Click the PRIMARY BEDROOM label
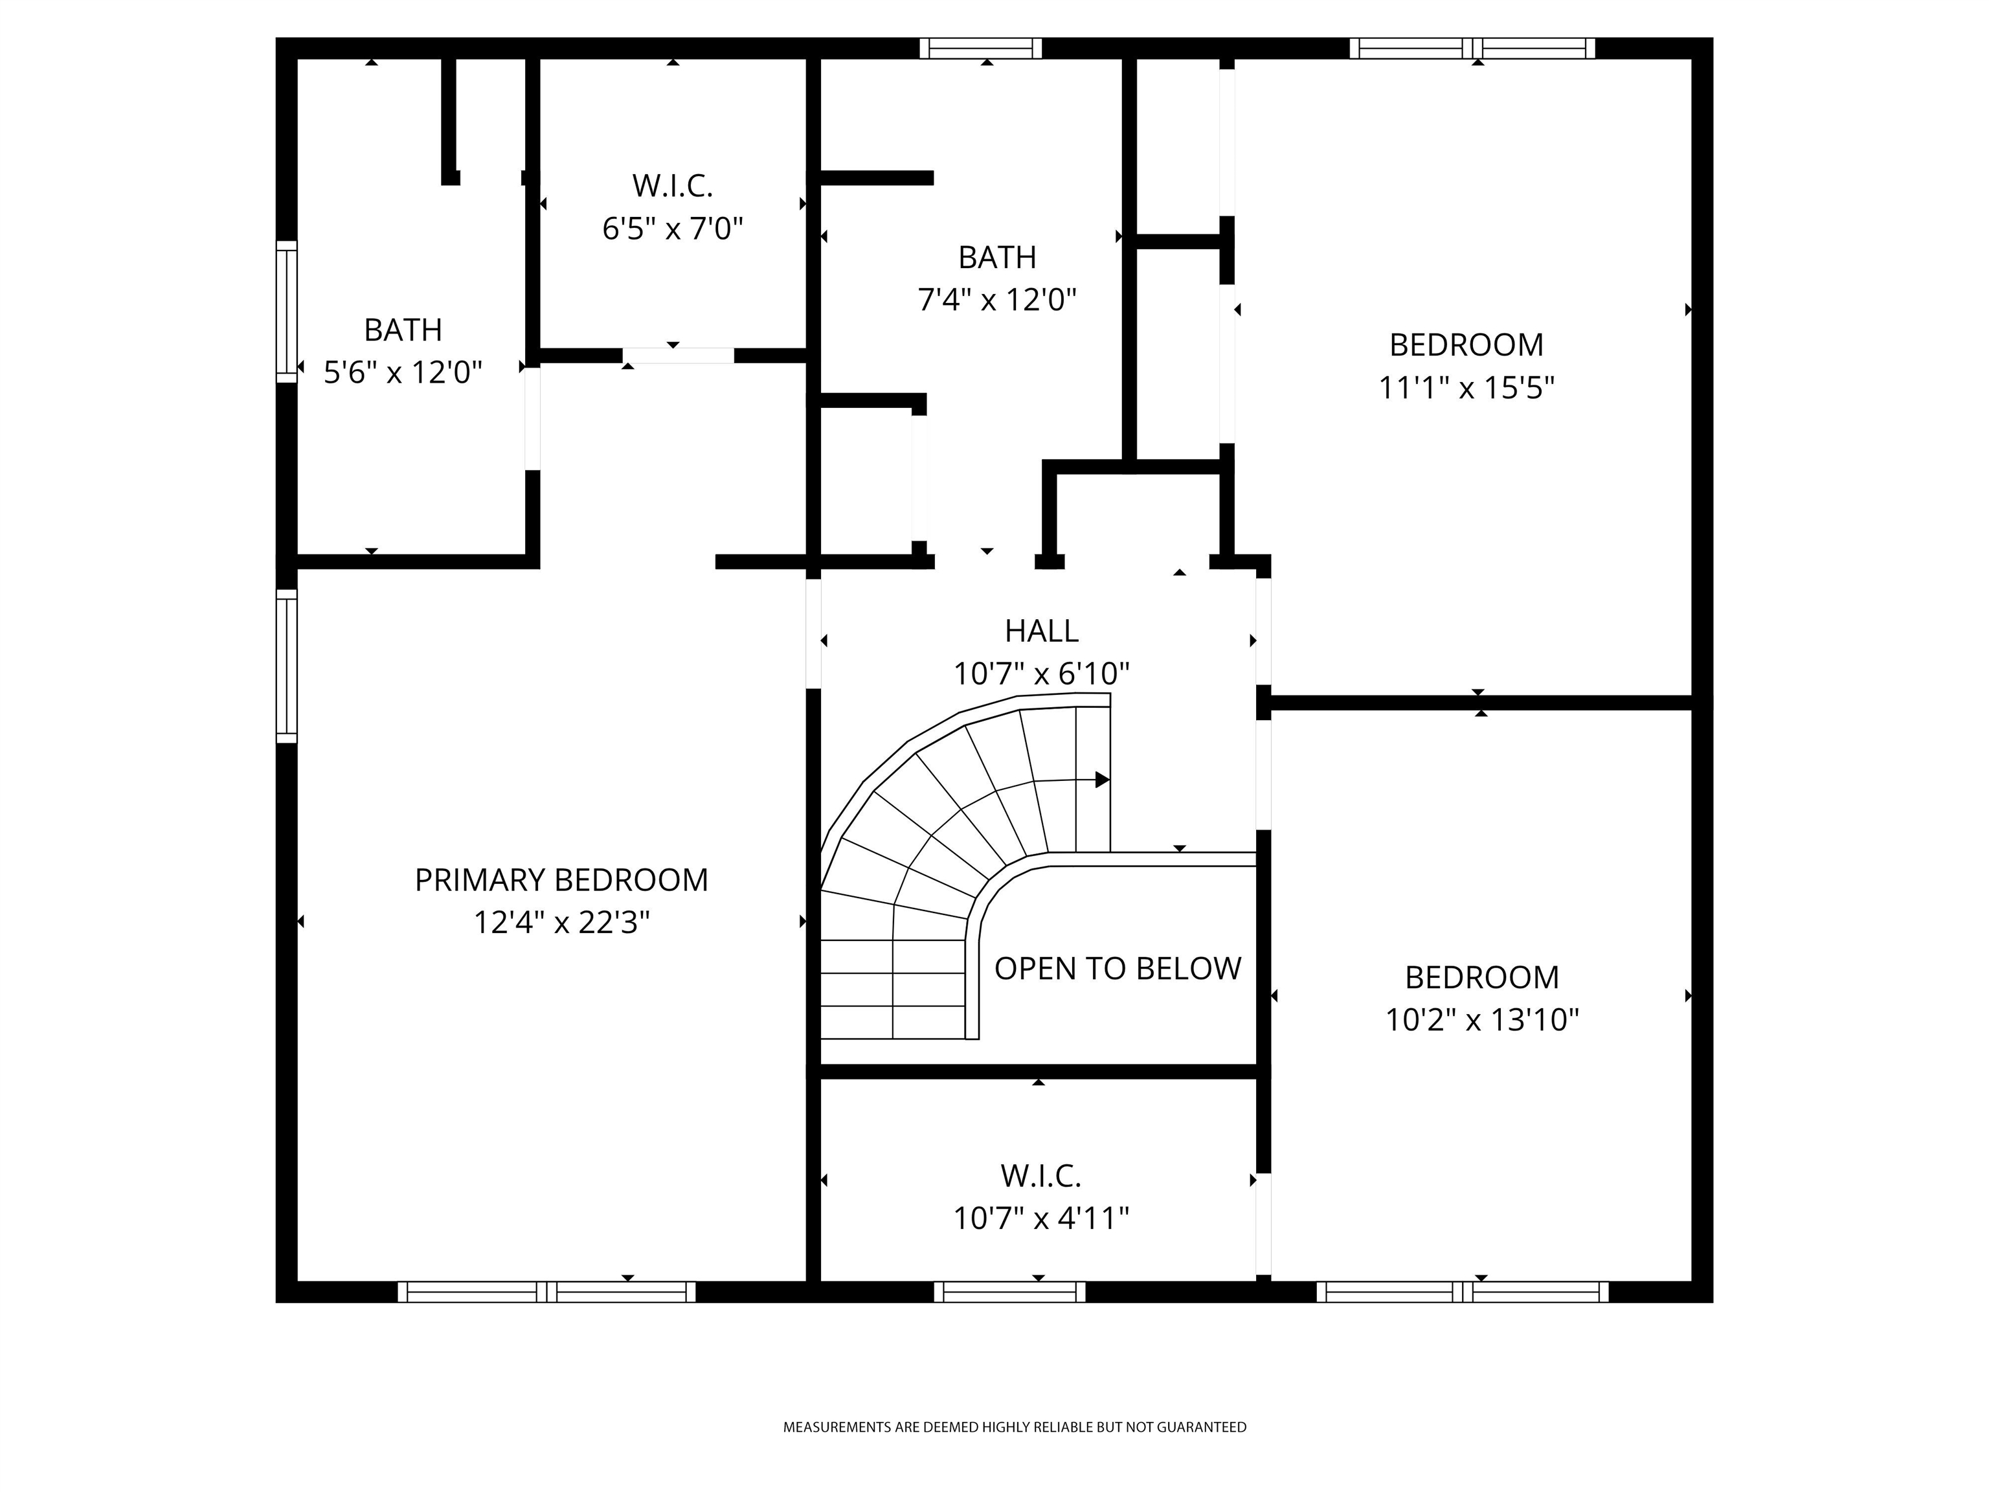[x=561, y=879]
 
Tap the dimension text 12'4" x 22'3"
[x=561, y=923]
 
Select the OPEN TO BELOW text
[x=1117, y=969]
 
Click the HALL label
[x=1041, y=631]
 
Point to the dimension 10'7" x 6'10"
[x=1041, y=673]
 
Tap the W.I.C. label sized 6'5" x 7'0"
[x=673, y=186]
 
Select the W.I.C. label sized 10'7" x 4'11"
[x=1040, y=1175]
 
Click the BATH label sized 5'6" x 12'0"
[x=403, y=330]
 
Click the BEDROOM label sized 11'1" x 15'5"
[x=1466, y=345]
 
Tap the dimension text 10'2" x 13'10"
[x=1482, y=1020]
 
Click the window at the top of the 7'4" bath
[x=980, y=48]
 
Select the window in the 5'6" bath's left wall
[x=286, y=311]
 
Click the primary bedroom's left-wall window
[x=286, y=666]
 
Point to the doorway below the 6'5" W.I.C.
[x=678, y=356]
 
